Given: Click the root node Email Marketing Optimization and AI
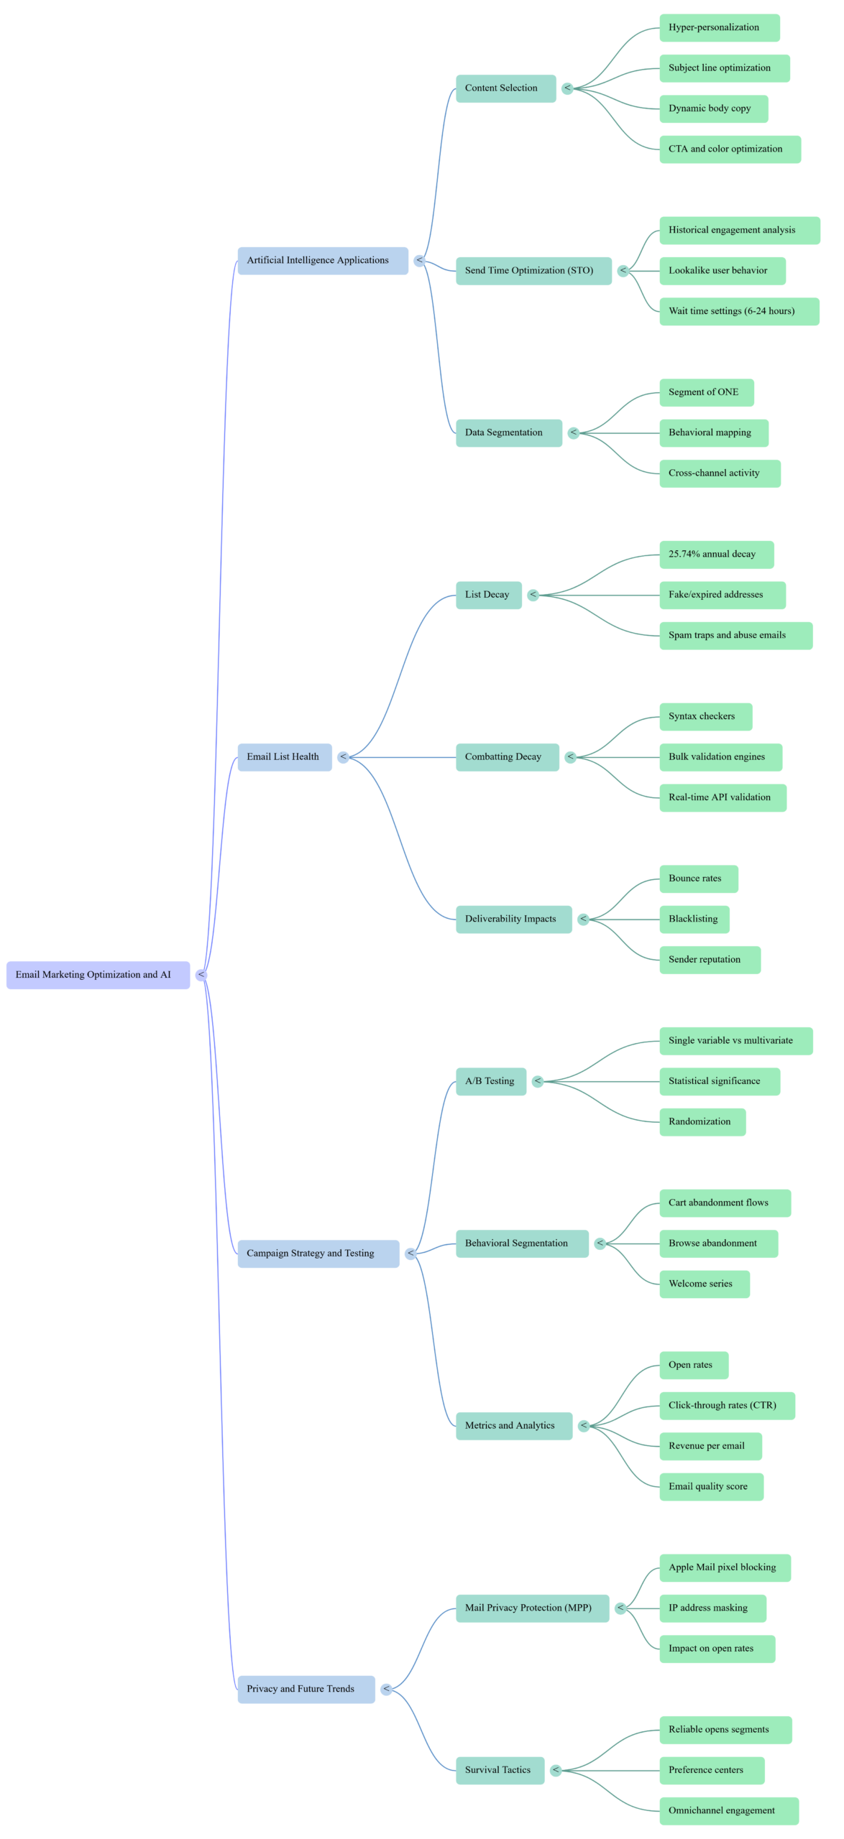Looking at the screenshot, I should (98, 975).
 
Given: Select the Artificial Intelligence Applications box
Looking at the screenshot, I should (323, 260).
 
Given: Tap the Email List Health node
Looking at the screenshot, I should (285, 757).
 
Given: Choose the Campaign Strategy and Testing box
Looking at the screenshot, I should (318, 1254).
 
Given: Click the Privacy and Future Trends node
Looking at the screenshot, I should (306, 1689).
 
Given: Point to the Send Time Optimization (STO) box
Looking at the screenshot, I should (533, 271).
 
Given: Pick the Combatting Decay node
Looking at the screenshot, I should (507, 757).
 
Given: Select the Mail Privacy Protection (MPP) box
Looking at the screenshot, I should (532, 1608).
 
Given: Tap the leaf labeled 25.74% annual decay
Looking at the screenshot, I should (716, 555).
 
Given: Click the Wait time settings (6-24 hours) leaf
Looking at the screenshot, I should (739, 311).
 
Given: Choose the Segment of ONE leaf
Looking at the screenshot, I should (706, 392).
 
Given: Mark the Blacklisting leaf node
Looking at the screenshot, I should (694, 919).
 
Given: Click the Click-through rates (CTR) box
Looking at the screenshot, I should (727, 1405).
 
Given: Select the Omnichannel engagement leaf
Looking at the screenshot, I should (728, 1810).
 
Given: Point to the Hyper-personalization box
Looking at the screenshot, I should (719, 27).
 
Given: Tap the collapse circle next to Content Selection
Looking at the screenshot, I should (568, 88).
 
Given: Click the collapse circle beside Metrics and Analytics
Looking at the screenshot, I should (584, 1426).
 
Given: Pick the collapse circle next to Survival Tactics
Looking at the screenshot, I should (556, 1770).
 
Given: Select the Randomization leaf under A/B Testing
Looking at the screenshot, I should (702, 1122).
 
